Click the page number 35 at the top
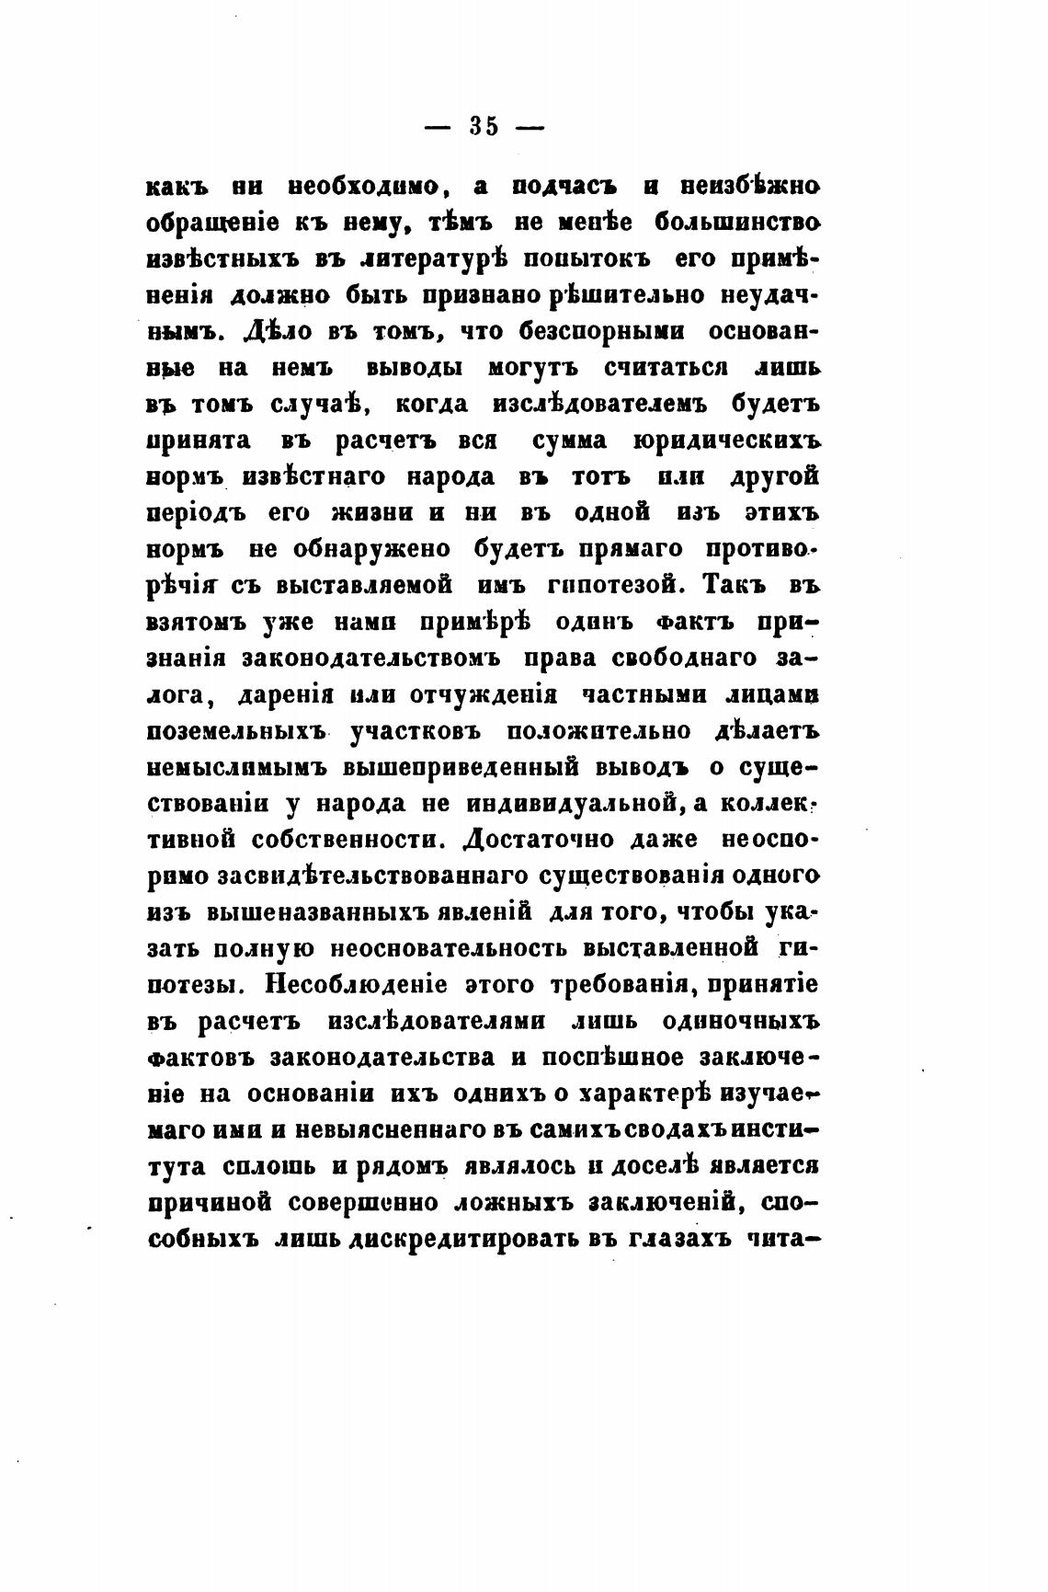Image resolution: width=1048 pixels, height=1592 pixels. click(484, 126)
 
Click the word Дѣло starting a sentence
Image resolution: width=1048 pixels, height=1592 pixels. click(279, 333)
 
